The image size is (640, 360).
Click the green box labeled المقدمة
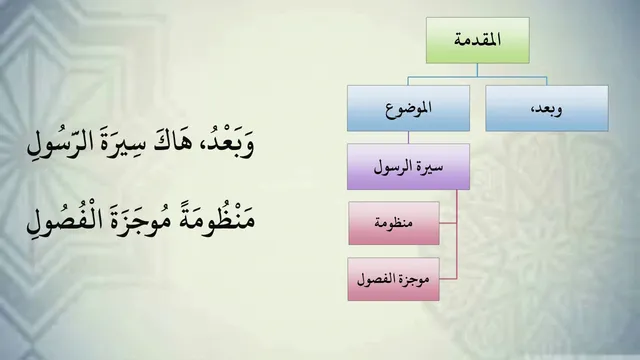pos(478,40)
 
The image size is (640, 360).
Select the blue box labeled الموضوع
pos(408,108)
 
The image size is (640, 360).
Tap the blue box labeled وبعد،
pos(547,108)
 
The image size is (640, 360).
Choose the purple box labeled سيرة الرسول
pos(408,167)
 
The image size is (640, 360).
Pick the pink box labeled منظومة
pos(394,223)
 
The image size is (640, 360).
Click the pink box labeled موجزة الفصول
pos(394,279)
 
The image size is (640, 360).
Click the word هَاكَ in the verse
pos(173,143)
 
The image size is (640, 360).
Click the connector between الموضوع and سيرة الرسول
pos(408,138)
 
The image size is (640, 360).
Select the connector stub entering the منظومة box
pos(448,223)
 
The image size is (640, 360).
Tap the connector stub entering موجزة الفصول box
pos(448,279)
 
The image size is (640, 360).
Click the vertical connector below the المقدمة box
pos(477,70)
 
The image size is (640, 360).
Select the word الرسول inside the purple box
pos(391,167)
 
